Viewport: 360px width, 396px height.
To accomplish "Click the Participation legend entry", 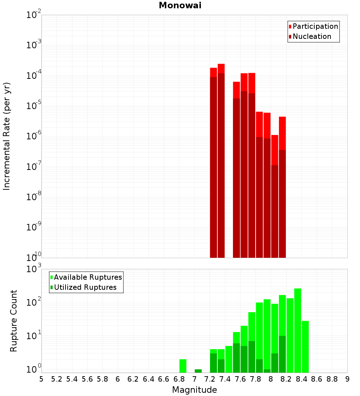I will [x=315, y=26].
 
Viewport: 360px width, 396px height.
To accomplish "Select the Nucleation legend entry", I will [x=311, y=36].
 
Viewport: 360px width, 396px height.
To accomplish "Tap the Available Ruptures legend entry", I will [x=87, y=277].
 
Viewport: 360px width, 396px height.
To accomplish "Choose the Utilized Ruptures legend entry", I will [x=85, y=287].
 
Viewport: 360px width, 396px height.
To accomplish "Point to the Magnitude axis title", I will [x=194, y=390].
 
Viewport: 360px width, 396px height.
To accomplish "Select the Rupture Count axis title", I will [x=14, y=321].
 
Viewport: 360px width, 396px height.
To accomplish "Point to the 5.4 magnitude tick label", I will [x=72, y=379].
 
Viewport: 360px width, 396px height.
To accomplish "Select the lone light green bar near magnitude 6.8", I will [x=183, y=366].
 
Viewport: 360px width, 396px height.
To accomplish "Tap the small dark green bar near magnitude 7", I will [x=198, y=371].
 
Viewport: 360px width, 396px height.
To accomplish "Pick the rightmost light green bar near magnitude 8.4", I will [x=305, y=346].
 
